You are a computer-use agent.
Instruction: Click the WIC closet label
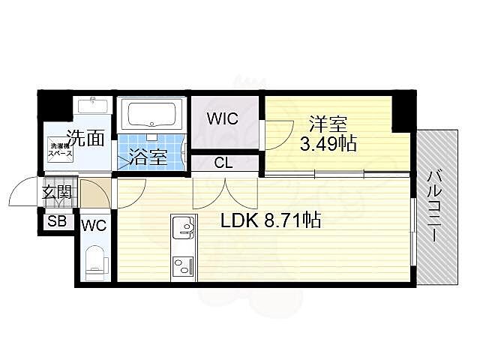tap(223, 118)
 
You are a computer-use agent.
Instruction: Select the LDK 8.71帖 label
tap(270, 220)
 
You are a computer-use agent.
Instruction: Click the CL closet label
tap(223, 163)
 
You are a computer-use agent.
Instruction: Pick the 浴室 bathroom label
tap(146, 158)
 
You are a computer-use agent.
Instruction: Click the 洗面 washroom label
tap(84, 137)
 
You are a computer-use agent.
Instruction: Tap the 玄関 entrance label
tap(56, 193)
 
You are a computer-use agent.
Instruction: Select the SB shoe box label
tap(56, 221)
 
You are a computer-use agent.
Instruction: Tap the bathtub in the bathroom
tap(151, 115)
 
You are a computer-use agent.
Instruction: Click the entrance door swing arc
tap(22, 193)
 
